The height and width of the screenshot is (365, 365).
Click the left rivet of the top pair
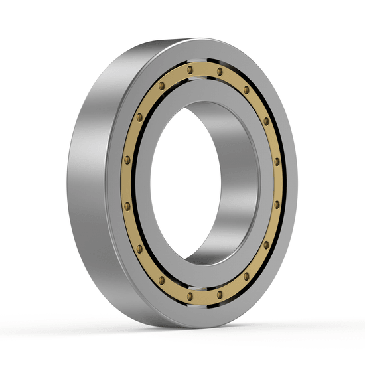coord(190,70)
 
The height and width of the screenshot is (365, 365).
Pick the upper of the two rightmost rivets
coord(277,161)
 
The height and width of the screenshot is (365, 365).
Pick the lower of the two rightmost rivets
coord(277,205)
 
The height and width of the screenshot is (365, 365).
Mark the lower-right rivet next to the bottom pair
coord(246,276)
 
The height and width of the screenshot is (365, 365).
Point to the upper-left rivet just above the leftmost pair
coord(139,117)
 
